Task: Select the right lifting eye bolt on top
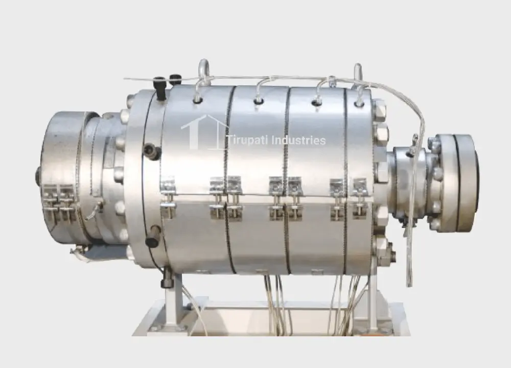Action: (x=358, y=73)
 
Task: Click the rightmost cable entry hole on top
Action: (x=359, y=104)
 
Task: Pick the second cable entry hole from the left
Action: (x=258, y=101)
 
